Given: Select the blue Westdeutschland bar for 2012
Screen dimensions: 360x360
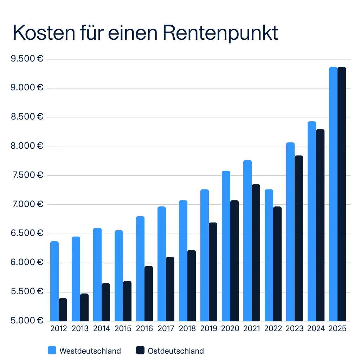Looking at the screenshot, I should click(x=54, y=281).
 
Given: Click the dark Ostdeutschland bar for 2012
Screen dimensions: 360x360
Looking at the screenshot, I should click(x=63, y=310).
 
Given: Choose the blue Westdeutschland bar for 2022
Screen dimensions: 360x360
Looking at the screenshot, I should click(x=269, y=255).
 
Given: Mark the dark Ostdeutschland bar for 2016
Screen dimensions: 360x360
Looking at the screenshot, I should click(x=149, y=294).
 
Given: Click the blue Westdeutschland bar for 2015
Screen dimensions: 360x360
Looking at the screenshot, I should click(x=119, y=276).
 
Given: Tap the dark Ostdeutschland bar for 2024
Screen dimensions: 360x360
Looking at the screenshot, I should click(x=320, y=225).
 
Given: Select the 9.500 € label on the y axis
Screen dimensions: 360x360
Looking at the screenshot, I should click(x=27, y=59).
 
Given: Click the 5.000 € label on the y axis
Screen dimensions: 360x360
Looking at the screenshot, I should click(x=27, y=321).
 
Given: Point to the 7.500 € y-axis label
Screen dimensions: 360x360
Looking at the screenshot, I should click(x=27, y=175).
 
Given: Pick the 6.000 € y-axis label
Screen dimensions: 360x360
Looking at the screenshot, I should click(x=27, y=262).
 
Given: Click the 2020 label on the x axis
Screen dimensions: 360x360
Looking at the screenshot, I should click(x=230, y=329).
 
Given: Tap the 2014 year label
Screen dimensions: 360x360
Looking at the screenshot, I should click(x=102, y=329).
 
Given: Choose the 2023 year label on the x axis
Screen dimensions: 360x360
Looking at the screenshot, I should click(x=295, y=329).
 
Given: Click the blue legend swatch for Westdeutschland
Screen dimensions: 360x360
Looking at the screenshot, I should click(x=52, y=350).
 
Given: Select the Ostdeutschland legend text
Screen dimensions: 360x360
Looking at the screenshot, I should click(x=176, y=351).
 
